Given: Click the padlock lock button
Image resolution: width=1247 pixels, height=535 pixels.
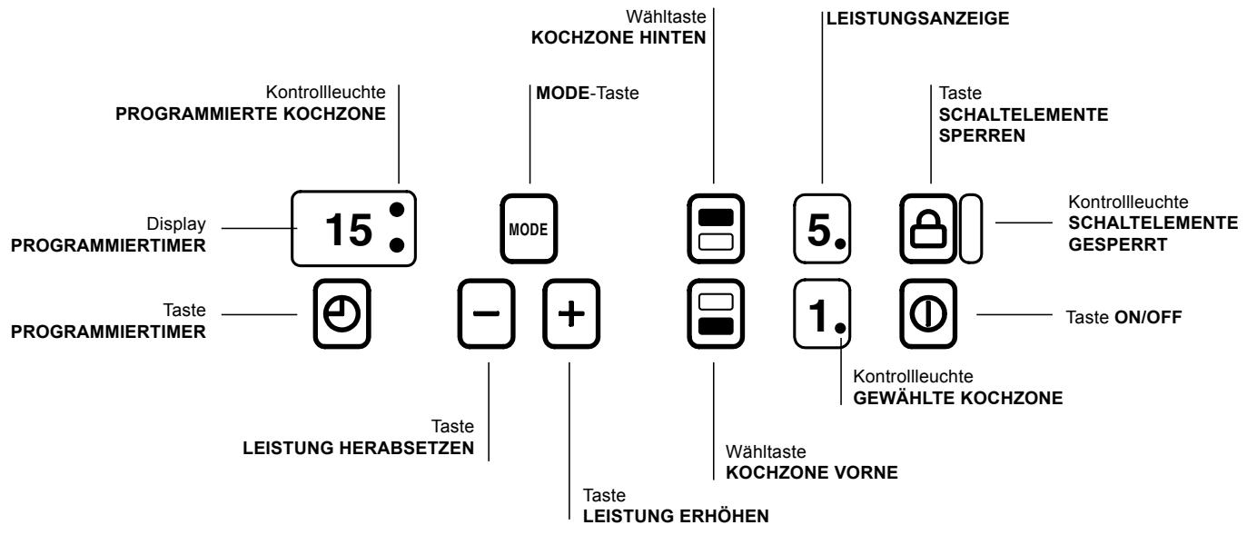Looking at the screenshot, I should [x=928, y=228].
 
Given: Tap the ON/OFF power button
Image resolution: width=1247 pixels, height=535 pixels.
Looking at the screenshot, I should [x=928, y=313].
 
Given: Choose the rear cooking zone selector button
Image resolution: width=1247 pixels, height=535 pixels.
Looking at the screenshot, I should [x=715, y=227].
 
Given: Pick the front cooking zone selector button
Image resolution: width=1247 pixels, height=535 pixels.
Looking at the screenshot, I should [x=715, y=313].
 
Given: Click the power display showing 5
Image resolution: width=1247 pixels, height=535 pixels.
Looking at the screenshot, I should [x=823, y=227].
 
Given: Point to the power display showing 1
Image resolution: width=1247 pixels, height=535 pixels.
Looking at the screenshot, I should [x=823, y=313].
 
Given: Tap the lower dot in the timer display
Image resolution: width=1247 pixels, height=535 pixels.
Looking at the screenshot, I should [x=397, y=246].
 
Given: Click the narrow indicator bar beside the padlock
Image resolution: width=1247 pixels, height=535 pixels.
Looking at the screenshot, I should [x=970, y=228].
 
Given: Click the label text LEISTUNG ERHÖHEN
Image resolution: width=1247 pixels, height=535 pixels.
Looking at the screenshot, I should [x=675, y=516].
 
